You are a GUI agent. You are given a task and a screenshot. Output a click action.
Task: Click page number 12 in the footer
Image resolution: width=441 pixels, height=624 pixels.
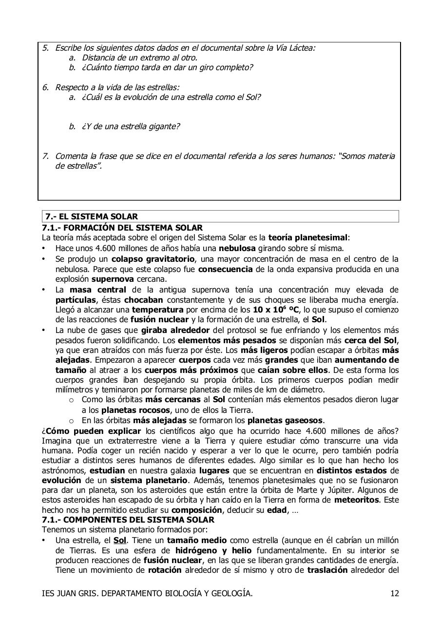pyautogui.click(x=395, y=593)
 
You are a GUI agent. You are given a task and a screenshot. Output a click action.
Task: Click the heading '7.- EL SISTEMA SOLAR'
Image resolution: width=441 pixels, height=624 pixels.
pyautogui.click(x=91, y=216)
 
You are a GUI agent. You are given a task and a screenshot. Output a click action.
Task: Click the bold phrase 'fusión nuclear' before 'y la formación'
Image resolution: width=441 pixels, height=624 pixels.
pyautogui.click(x=159, y=320)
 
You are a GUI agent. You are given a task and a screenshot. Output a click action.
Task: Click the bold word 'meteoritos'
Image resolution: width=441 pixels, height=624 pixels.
pyautogui.click(x=356, y=500)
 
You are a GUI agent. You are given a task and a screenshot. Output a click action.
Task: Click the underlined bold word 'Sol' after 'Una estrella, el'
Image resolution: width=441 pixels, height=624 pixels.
pyautogui.click(x=119, y=540)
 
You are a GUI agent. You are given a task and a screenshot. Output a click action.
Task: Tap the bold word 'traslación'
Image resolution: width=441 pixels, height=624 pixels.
pyautogui.click(x=327, y=570)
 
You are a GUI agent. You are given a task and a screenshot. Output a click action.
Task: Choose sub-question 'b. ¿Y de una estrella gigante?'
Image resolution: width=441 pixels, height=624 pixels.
pyautogui.click(x=124, y=127)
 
